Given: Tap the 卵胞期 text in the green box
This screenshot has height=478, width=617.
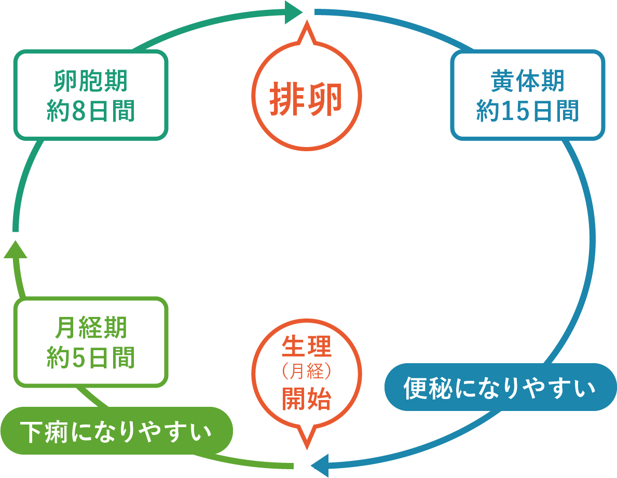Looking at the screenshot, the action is click(x=91, y=81).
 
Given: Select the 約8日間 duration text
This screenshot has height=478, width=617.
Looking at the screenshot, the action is click(x=91, y=111).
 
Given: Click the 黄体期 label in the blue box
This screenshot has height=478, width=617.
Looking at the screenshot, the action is click(x=528, y=81).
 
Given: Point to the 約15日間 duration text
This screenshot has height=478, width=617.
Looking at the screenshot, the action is click(x=528, y=111).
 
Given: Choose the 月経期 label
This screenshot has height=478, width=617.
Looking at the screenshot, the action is click(x=91, y=327).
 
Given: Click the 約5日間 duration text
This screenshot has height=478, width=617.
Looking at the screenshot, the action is click(x=91, y=357).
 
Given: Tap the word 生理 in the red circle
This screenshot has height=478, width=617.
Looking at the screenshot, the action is click(x=307, y=347).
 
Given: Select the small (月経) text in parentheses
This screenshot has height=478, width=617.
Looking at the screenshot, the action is click(x=307, y=371).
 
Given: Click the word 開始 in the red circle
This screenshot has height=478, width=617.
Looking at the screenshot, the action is click(x=307, y=399).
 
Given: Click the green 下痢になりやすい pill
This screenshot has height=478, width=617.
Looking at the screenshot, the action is click(x=117, y=431).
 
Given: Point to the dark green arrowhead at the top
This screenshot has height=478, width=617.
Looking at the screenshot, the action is click(x=293, y=12).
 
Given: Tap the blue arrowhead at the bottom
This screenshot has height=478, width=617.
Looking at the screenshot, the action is click(x=320, y=466).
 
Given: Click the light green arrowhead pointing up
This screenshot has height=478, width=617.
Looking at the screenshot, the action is click(x=16, y=249).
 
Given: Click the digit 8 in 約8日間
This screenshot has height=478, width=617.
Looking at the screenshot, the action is click(x=79, y=111).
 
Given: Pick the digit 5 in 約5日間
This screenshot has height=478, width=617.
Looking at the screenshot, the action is click(x=79, y=358).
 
